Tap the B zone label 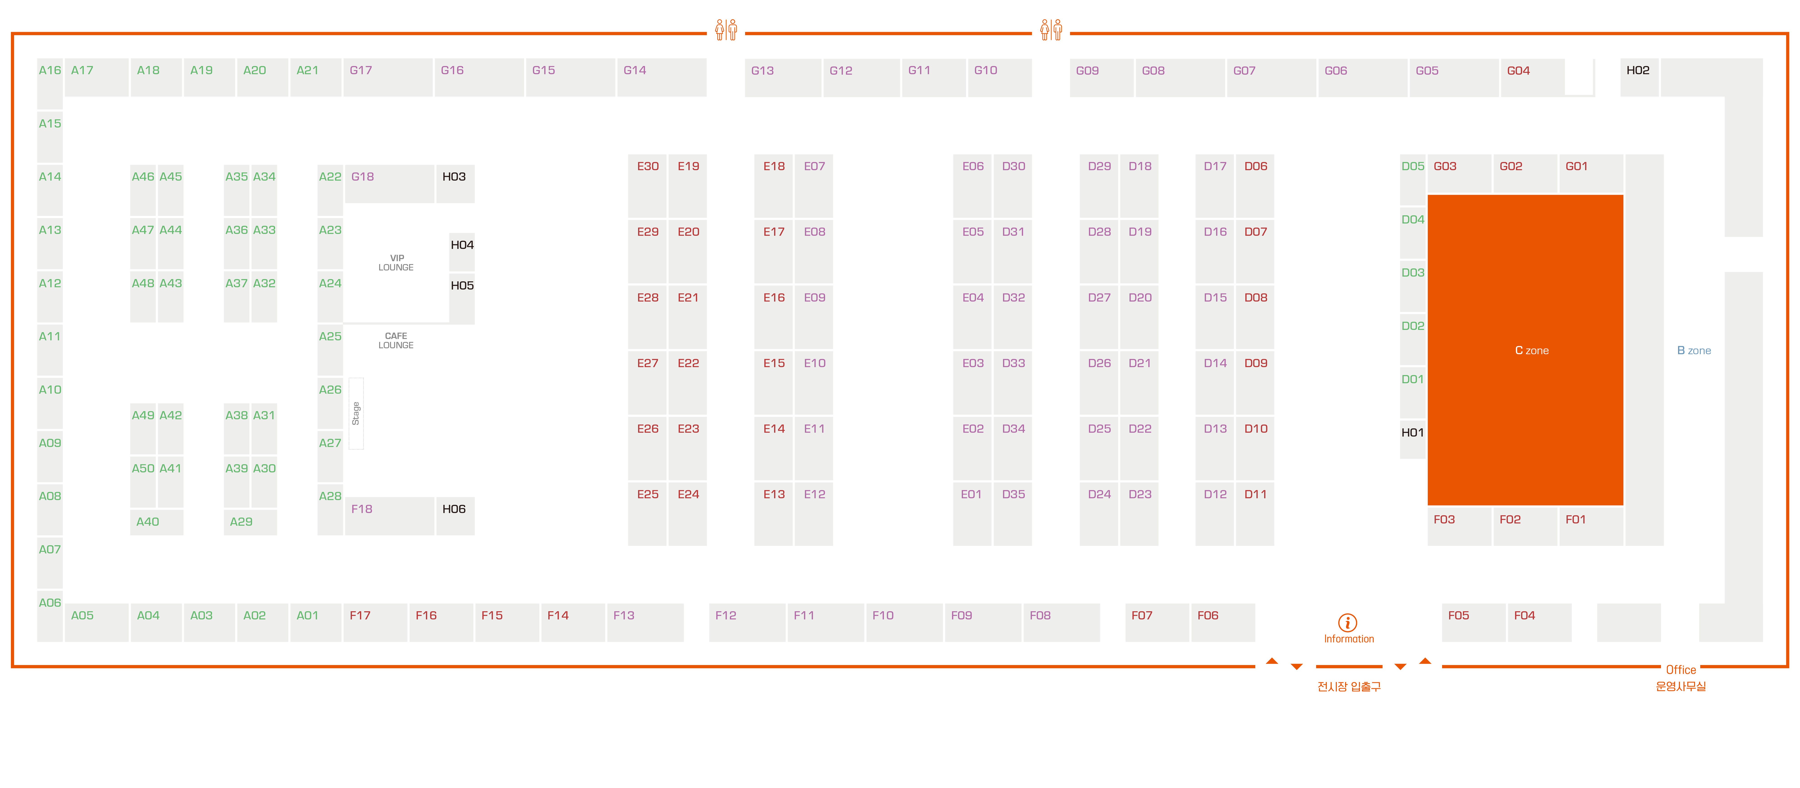1694,350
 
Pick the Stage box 356,413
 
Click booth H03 455,184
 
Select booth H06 455,516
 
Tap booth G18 389,184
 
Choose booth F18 389,516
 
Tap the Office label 1681,670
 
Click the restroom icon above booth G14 726,29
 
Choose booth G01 1590,173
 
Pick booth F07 1156,622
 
